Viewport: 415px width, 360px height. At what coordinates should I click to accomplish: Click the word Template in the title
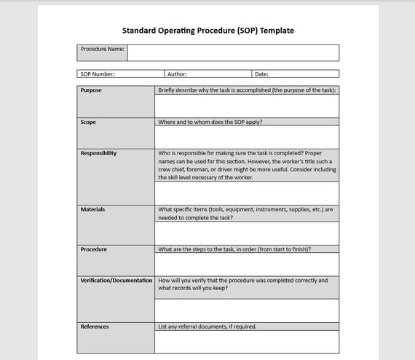coord(277,31)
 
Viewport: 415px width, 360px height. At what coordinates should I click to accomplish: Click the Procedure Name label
coord(102,50)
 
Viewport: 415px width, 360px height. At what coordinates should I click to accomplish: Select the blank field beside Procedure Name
coord(233,52)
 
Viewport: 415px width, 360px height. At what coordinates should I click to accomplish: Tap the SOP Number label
coord(97,74)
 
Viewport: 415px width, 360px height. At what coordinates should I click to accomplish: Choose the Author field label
coord(177,74)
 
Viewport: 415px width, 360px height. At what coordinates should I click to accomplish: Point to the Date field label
coord(261,74)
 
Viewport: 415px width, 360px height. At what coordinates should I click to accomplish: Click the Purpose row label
coord(91,90)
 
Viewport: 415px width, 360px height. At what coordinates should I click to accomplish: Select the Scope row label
coord(88,122)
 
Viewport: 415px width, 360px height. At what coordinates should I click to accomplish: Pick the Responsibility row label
coord(98,153)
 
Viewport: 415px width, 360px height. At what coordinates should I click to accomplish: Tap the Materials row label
coord(92,209)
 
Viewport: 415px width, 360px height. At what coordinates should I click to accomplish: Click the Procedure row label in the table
coord(93,249)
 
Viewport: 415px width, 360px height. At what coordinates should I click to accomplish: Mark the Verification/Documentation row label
coord(116,280)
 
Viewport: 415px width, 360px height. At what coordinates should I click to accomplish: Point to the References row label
coord(95,326)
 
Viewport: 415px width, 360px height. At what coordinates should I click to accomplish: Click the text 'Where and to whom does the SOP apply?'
coord(210,122)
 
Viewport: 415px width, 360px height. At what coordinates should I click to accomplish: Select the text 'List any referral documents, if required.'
coord(207,326)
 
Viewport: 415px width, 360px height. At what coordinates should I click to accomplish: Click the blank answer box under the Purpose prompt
coord(247,106)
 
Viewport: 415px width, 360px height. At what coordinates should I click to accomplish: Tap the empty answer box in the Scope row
coord(247,137)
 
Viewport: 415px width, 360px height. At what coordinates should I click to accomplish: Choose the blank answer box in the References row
coord(247,342)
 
